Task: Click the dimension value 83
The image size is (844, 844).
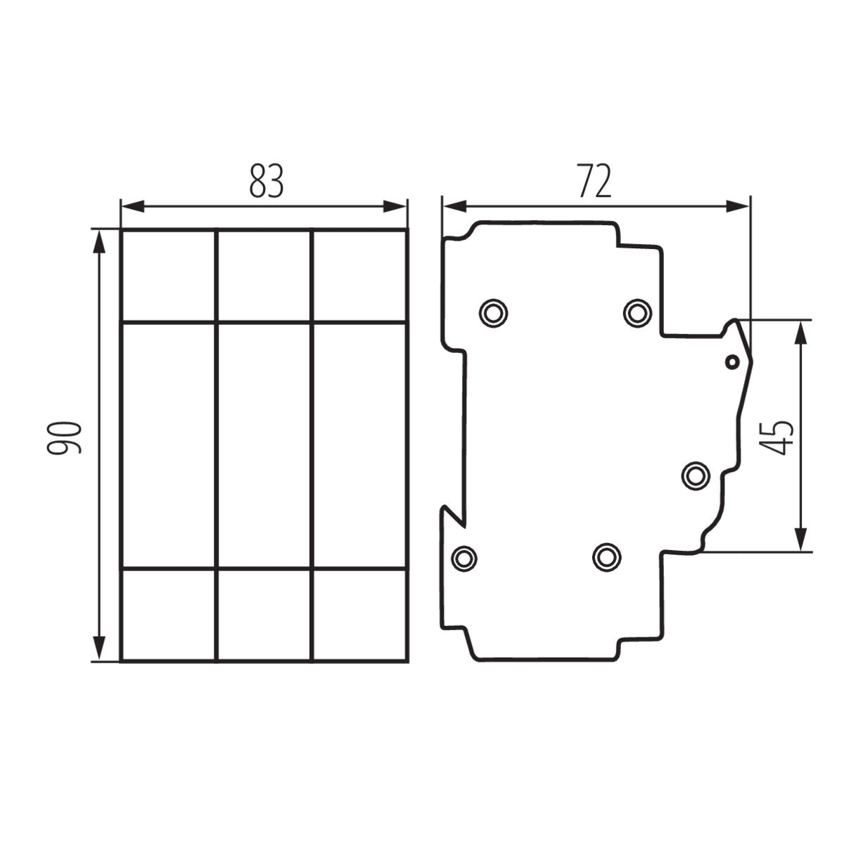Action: pyautogui.click(x=265, y=181)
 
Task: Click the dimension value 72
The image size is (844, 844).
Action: pyautogui.click(x=594, y=181)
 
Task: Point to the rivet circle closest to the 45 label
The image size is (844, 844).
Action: pyautogui.click(x=696, y=476)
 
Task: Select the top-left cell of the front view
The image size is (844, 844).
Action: pyautogui.click(x=168, y=276)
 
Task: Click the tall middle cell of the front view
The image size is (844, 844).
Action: pyautogui.click(x=264, y=445)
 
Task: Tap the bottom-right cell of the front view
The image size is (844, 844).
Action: pyautogui.click(x=359, y=614)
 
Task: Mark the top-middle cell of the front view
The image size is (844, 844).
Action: pyautogui.click(x=264, y=276)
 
